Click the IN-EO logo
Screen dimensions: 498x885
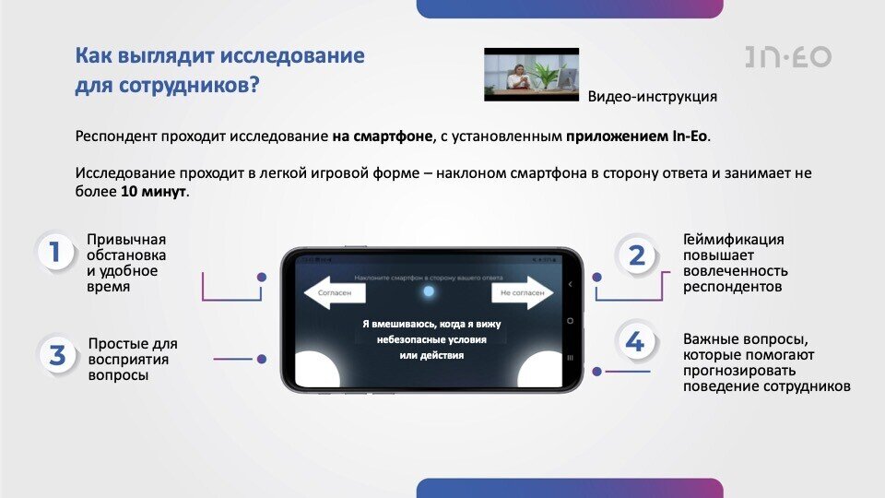tap(788, 56)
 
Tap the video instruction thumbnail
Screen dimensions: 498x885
tap(531, 74)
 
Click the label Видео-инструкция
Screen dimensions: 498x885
tap(652, 96)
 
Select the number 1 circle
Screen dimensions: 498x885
tap(55, 253)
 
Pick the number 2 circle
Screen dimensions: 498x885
tap(637, 255)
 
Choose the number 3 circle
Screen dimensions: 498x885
tap(57, 356)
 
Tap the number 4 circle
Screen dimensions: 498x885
tap(635, 343)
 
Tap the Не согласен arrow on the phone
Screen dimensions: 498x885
tap(522, 294)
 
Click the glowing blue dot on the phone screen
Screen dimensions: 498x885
tap(427, 292)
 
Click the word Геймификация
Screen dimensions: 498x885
tap(734, 240)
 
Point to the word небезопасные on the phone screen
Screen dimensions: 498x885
tap(411, 340)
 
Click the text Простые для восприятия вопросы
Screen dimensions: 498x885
tap(133, 359)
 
